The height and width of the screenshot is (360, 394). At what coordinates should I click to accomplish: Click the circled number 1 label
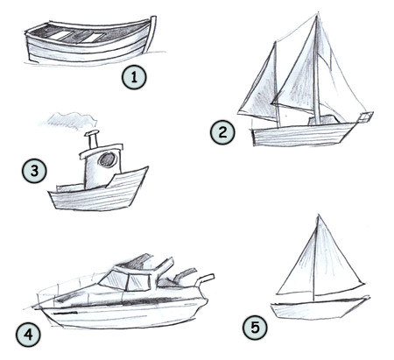[x=133, y=77]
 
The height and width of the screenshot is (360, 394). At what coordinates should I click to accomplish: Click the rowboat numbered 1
[x=88, y=44]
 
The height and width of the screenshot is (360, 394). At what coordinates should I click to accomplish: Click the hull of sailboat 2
[x=302, y=134]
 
